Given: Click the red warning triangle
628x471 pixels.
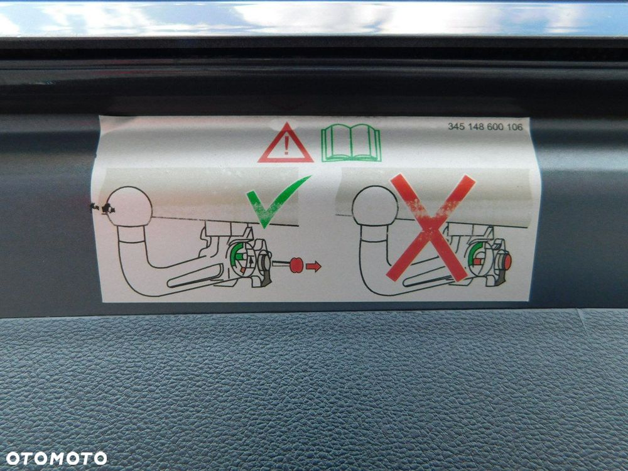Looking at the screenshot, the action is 285,144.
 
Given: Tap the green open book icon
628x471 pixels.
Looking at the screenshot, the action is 351,143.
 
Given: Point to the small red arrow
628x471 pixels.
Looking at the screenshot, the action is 313,266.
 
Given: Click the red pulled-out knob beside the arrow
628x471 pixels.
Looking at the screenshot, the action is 296,265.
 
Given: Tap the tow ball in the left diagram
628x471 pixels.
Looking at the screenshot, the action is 130,207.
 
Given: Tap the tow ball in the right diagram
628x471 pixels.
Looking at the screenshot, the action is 375,206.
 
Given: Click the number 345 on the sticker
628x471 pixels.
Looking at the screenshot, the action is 455,127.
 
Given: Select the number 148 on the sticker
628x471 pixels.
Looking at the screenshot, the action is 475,127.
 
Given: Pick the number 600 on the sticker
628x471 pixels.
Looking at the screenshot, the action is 494,127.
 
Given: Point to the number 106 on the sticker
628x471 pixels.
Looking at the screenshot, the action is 514,127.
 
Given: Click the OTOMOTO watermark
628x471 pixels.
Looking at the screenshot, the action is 57,458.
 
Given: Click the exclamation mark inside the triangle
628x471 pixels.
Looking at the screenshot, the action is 286,146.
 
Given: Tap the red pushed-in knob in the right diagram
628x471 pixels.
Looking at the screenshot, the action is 508,262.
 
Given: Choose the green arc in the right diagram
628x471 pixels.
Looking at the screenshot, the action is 473,255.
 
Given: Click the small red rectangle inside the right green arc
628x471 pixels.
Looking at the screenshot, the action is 477,262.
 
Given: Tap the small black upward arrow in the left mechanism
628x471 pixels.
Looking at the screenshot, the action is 251,261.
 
